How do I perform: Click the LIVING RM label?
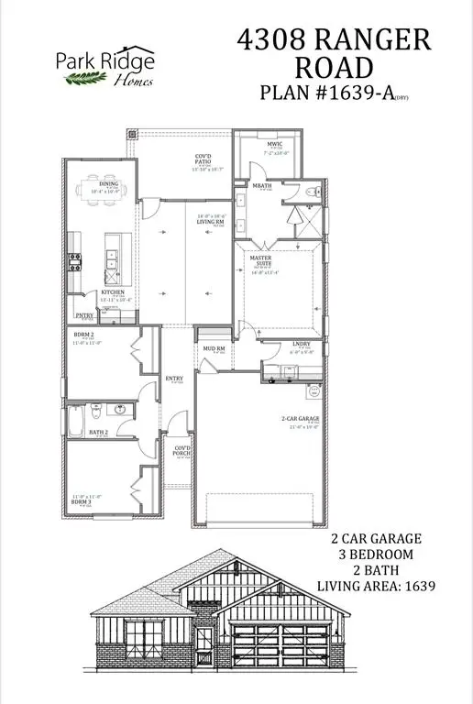[212, 221]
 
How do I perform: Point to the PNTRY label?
[83, 315]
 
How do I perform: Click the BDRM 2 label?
[84, 336]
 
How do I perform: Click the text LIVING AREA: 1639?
[375, 585]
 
